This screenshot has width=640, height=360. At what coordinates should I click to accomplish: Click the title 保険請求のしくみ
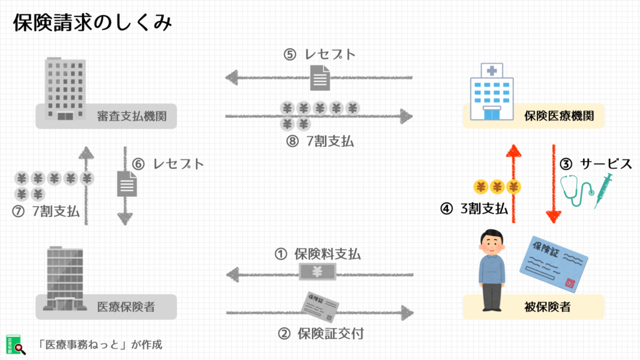pyautogui.click(x=92, y=22)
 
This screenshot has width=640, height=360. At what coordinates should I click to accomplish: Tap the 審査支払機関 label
pyautogui.click(x=131, y=116)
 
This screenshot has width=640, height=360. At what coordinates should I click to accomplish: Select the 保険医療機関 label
pyautogui.click(x=559, y=116)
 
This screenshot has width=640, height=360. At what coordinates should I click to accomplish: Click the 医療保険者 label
pyautogui.click(x=126, y=307)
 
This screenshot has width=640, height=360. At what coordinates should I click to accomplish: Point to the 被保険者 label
pyautogui.click(x=547, y=307)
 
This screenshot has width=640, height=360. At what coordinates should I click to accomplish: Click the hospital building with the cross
pyautogui.click(x=492, y=92)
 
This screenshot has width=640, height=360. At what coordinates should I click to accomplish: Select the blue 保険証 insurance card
pyautogui.click(x=554, y=264)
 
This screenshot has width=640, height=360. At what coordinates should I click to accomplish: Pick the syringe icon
pyautogui.click(x=604, y=190)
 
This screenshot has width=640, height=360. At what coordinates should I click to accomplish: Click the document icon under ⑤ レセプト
pyautogui.click(x=320, y=77)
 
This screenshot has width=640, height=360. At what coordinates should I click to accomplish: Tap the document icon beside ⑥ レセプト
pyautogui.click(x=127, y=184)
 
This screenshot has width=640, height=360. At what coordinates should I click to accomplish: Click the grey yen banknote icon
pyautogui.click(x=317, y=271)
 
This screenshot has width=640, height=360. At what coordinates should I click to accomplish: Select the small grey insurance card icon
pyautogui.click(x=321, y=306)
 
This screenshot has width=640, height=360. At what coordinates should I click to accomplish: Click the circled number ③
pyautogui.click(x=566, y=164)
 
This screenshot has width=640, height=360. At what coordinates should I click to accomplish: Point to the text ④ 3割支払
pyautogui.click(x=474, y=209)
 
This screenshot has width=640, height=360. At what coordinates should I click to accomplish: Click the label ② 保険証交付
pyautogui.click(x=321, y=334)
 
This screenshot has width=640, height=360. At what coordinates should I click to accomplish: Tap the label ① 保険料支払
pyautogui.click(x=317, y=254)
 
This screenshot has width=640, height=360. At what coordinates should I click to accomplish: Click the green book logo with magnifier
pyautogui.click(x=16, y=345)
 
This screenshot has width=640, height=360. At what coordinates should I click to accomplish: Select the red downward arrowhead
pyautogui.click(x=554, y=217)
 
